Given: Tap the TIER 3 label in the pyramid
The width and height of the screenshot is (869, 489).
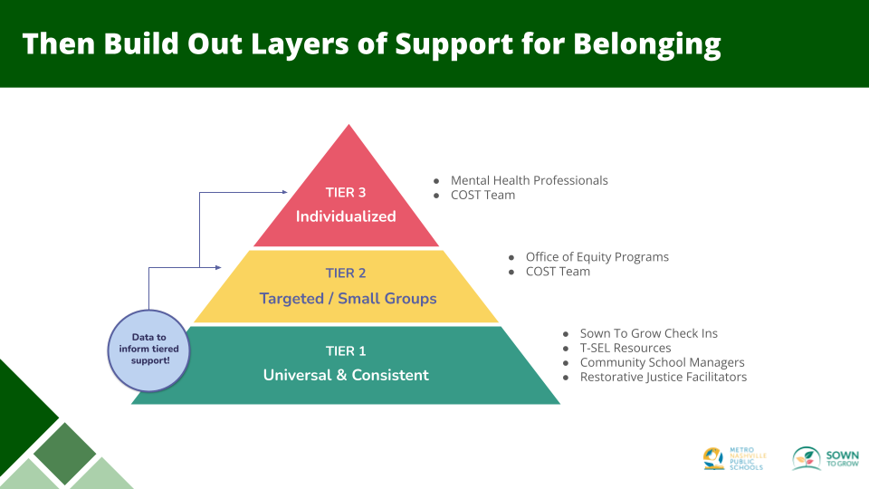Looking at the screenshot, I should [x=346, y=192].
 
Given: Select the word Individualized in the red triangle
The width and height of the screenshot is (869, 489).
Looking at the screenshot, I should [x=346, y=216].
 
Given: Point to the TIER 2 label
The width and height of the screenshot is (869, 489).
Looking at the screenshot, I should [x=347, y=273].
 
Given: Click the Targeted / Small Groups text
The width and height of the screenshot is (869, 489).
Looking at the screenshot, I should [x=348, y=298].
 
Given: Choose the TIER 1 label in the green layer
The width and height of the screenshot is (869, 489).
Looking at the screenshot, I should [x=346, y=350].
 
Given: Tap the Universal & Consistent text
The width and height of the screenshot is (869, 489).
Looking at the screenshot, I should [x=346, y=375].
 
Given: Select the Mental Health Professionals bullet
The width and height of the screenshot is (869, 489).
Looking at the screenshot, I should [x=529, y=180].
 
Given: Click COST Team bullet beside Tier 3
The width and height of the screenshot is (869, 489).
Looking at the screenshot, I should [x=482, y=195].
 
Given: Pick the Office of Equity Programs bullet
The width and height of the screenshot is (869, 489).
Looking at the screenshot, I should [x=597, y=257].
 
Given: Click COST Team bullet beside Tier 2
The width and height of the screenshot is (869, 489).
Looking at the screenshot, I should [x=558, y=272].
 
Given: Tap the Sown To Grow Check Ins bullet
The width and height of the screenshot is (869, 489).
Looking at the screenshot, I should [x=648, y=334].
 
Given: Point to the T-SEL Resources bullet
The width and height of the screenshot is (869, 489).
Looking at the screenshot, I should [x=625, y=349].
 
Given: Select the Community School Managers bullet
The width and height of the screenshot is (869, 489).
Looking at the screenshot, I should [x=662, y=362].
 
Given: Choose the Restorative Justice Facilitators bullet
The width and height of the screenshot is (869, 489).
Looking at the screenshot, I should [x=663, y=377].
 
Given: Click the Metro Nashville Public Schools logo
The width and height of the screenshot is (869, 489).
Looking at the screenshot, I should [x=733, y=458].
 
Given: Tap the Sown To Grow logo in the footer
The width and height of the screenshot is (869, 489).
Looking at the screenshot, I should [x=819, y=458].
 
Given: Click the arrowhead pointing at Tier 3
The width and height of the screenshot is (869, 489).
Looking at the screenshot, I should [x=284, y=192].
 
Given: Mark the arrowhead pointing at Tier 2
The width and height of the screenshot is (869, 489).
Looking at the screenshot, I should [x=218, y=267].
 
